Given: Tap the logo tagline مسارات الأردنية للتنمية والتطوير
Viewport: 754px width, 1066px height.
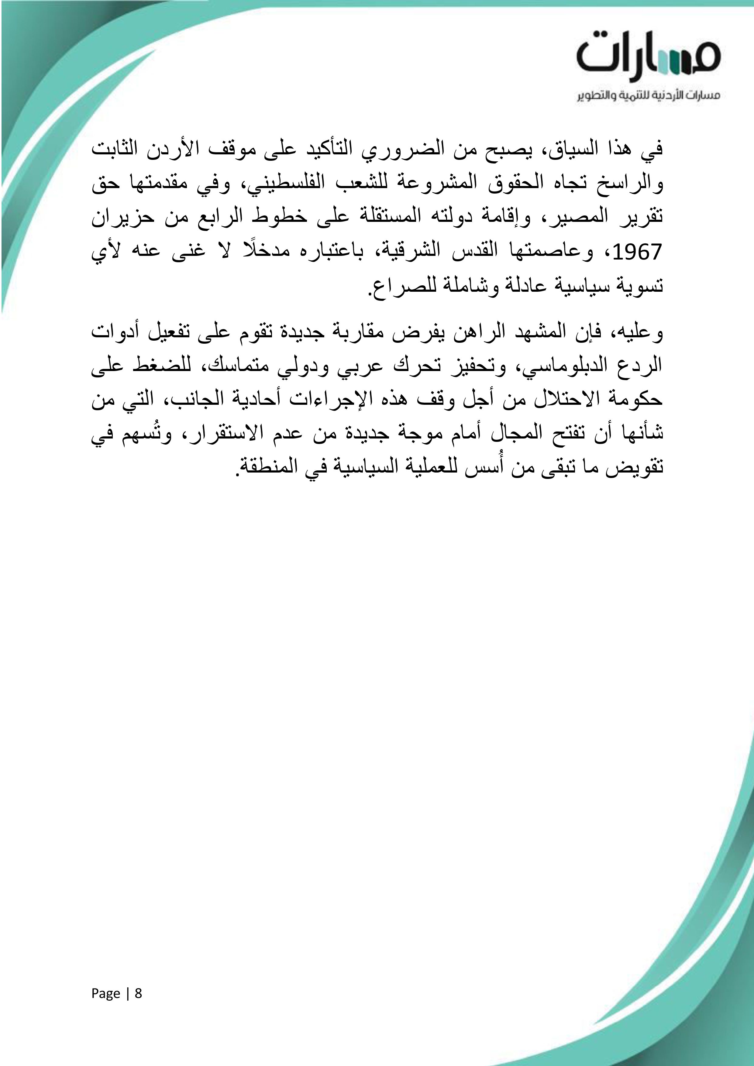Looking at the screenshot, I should click(x=648, y=96).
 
